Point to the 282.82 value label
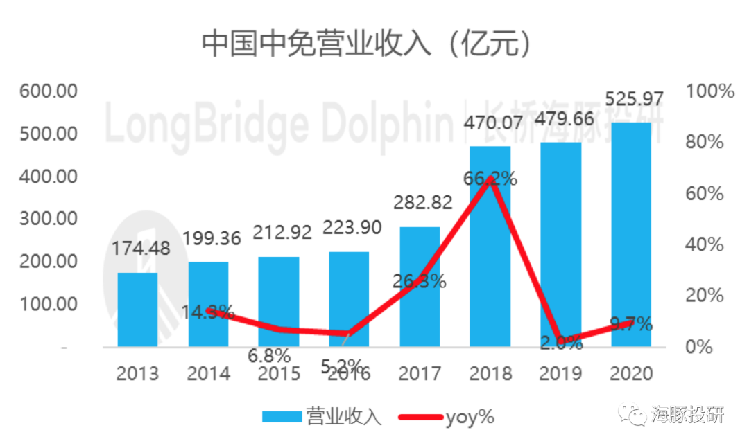[423, 202]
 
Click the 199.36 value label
[212, 239]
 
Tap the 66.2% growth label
[490, 179]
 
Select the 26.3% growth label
[418, 281]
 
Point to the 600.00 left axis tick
[48, 91]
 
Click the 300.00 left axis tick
[48, 219]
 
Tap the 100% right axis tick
[709, 91]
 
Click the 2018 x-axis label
[490, 374]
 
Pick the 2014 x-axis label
[209, 374]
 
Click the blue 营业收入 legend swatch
[282, 417]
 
